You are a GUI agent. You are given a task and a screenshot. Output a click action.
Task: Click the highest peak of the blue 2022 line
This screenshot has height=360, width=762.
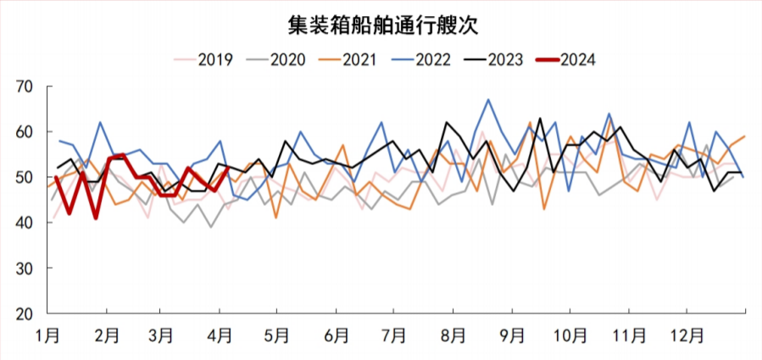tap(488, 100)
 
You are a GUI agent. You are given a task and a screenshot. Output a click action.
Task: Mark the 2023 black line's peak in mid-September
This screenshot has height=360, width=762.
tap(540, 119)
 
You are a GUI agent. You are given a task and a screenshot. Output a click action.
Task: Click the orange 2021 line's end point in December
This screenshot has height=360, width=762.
tap(745, 136)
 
